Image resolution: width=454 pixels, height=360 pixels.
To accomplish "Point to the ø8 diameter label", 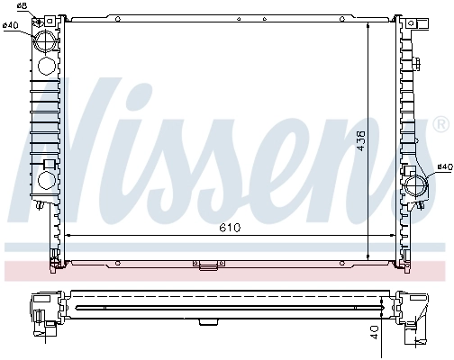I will [22, 7].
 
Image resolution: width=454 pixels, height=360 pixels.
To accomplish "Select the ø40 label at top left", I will [11, 25].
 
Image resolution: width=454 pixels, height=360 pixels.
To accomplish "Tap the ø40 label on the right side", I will [442, 166].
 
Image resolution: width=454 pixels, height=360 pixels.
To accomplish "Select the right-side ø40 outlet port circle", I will [416, 186].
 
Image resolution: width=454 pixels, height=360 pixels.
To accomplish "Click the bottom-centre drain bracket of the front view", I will [205, 265].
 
